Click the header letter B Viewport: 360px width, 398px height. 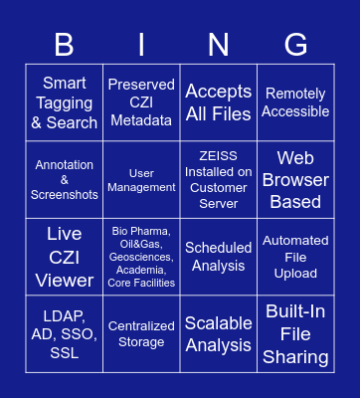click(x=65, y=44)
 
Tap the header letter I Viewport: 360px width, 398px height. click(x=141, y=44)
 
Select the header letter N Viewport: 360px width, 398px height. click(x=219, y=44)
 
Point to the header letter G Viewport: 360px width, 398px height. click(x=295, y=44)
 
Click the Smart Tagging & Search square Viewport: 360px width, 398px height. click(x=65, y=102)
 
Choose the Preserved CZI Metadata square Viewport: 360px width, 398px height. click(x=141, y=102)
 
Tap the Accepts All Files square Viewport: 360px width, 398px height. click(x=219, y=102)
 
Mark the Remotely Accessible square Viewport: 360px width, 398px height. click(x=295, y=102)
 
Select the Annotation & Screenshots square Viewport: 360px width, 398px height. click(x=65, y=180)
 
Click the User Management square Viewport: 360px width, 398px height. click(x=141, y=180)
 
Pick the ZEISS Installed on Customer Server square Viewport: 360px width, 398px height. click(x=219, y=180)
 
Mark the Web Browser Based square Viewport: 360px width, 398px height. click(x=295, y=180)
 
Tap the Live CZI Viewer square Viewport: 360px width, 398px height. click(x=65, y=257)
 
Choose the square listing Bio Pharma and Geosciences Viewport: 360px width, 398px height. click(x=141, y=257)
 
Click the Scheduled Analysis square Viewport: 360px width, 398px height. click(x=219, y=257)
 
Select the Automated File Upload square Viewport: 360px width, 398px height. click(x=295, y=257)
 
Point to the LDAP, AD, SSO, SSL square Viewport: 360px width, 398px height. click(x=65, y=333)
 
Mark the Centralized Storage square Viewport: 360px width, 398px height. click(x=141, y=333)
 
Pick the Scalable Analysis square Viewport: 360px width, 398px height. click(x=219, y=333)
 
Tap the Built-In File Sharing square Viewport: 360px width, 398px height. click(x=295, y=333)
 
